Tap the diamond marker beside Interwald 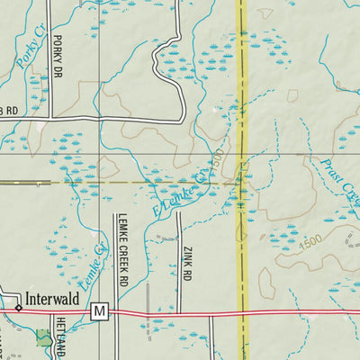click(x=18, y=307)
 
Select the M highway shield click(x=99, y=311)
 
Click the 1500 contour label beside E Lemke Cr click(x=216, y=163)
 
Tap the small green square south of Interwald click(x=43, y=338)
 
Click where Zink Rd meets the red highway click(x=178, y=313)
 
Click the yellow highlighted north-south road click(x=242, y=90)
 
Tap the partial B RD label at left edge click(x=9, y=111)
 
